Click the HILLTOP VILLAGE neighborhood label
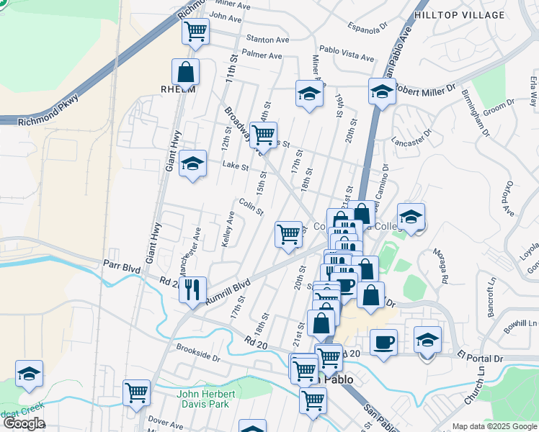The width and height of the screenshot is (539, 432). (x=459, y=14)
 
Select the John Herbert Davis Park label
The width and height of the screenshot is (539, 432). (x=206, y=399)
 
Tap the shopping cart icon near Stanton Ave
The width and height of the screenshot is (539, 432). (x=195, y=32)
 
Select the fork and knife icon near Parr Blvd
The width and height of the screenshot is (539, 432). (x=192, y=289)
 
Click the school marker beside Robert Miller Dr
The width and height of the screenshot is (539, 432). (x=382, y=91)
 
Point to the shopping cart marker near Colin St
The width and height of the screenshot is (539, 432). (x=288, y=233)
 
